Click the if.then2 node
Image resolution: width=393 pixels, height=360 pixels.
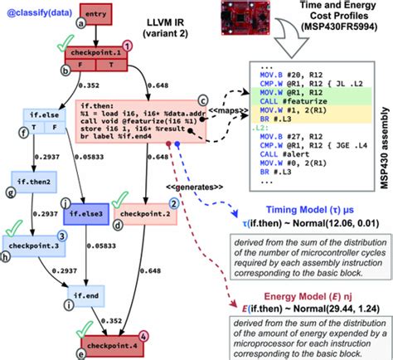tap(32, 180)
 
